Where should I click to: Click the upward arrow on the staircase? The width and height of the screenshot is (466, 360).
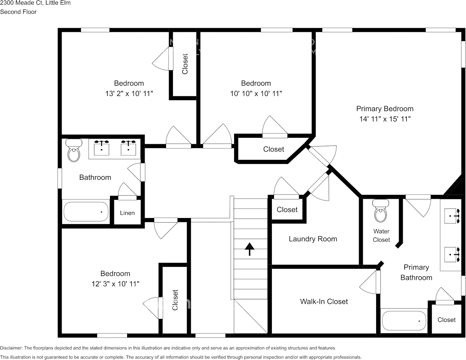click(x=249, y=249)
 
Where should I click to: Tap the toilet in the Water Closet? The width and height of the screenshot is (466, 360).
click(x=380, y=212)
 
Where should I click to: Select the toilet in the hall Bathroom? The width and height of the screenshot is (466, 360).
click(x=73, y=151)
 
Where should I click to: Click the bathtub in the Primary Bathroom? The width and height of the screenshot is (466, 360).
click(x=404, y=321)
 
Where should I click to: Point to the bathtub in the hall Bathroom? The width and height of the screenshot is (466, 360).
click(x=86, y=212)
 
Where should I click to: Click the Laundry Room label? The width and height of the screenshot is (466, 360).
click(x=313, y=239)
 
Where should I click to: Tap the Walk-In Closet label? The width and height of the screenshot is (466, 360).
click(x=324, y=301)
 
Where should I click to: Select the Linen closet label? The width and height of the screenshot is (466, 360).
click(x=127, y=213)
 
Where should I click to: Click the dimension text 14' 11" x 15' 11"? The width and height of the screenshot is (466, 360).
click(x=385, y=119)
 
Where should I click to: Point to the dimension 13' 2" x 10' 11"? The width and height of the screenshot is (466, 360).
click(x=129, y=93)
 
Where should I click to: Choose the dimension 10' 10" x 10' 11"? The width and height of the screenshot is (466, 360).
click(x=256, y=93)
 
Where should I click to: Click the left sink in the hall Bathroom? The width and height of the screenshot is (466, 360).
click(x=102, y=148)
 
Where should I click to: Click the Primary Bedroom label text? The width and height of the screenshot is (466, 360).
click(x=385, y=109)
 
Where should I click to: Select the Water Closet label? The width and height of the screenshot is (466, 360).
click(x=381, y=236)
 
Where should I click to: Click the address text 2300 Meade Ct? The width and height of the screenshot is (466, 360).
click(x=19, y=3)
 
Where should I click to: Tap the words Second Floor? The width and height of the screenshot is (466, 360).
click(x=18, y=12)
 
